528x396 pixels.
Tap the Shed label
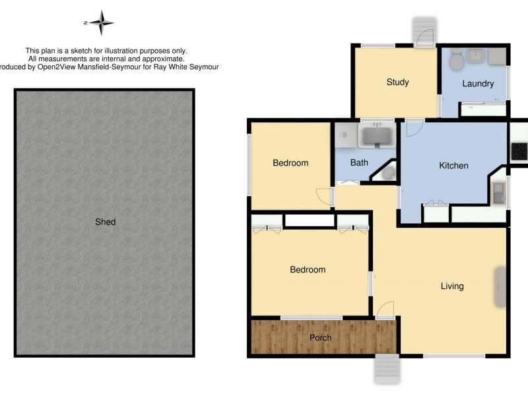point(105,222)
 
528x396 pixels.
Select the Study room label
point(397,82)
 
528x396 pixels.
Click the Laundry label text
point(478,84)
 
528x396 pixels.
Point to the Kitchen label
point(453,166)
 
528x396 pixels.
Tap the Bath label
point(359,162)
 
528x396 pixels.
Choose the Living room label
point(452,286)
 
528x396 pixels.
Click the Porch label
point(321,338)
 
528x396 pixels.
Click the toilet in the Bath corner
point(388,173)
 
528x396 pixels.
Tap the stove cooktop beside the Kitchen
point(519,150)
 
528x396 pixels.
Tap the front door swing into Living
point(385,308)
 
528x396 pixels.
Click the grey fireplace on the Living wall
point(500,286)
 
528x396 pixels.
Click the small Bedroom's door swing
point(323,196)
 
